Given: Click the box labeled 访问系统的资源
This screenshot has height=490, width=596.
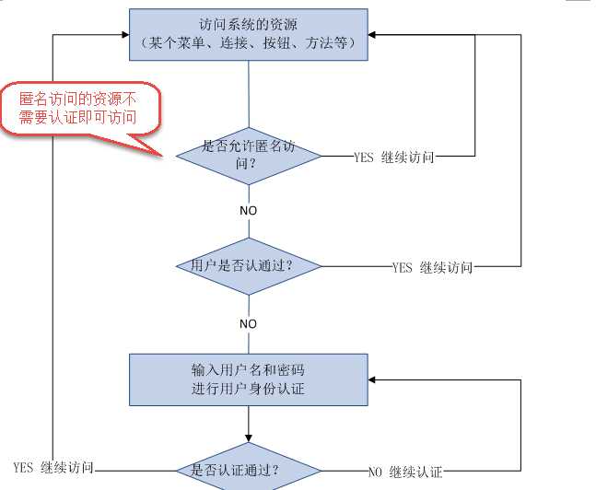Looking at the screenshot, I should pyautogui.click(x=249, y=34).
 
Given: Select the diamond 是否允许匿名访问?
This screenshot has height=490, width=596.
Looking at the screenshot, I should pyautogui.click(x=249, y=156).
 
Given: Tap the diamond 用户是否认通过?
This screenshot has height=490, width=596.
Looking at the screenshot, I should pyautogui.click(x=249, y=266).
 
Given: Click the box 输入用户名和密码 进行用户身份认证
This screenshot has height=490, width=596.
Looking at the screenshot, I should pyautogui.click(x=249, y=379).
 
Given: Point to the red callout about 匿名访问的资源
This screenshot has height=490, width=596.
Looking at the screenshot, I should pyautogui.click(x=80, y=108).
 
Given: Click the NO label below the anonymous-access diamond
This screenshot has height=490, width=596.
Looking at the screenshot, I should pyautogui.click(x=249, y=211).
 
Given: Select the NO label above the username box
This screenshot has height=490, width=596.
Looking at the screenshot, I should pyautogui.click(x=249, y=324).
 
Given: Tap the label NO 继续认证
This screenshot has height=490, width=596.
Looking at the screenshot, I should pyautogui.click(x=405, y=472).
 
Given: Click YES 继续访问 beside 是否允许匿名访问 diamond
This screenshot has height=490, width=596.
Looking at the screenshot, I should pyautogui.click(x=393, y=157).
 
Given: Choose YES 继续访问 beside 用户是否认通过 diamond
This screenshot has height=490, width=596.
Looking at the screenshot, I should pyautogui.click(x=432, y=268).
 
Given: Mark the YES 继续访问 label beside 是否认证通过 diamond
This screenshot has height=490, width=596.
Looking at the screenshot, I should pyautogui.click(x=53, y=468).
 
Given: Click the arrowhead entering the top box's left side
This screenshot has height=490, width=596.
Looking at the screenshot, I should pyautogui.click(x=123, y=35).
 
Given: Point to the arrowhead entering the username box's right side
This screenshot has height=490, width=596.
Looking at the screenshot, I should pyautogui.click(x=374, y=379).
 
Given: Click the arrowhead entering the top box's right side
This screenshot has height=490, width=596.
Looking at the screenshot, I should pyautogui.click(x=374, y=35).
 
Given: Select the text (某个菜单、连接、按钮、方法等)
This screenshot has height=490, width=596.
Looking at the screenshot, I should pyautogui.click(x=249, y=42).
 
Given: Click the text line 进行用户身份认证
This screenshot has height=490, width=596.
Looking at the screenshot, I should pyautogui.click(x=249, y=389).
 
